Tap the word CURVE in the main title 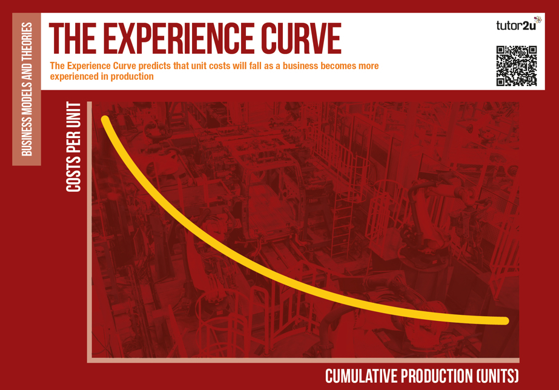point(301,38)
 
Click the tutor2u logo point(518,24)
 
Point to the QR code point(517,66)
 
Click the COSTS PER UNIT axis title point(73,147)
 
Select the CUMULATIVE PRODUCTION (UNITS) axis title point(422,376)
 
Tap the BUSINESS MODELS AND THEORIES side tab point(27,89)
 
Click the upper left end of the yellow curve point(104,119)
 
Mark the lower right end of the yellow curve point(505,321)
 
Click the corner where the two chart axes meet point(90,360)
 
